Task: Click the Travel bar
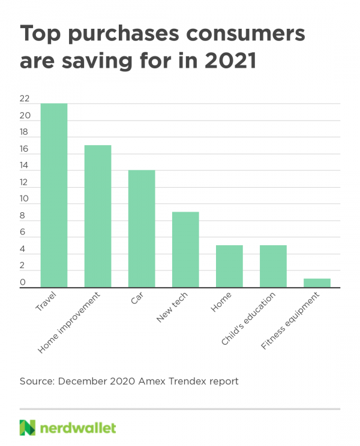point(54,195)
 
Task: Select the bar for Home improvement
point(98,216)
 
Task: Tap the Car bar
point(142,229)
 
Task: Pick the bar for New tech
point(185,250)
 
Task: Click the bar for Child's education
point(273,267)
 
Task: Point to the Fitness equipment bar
point(317,283)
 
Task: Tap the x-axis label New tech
point(171,309)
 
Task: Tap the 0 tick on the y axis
point(22,282)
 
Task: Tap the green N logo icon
point(27,427)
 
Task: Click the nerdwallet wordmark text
point(78,427)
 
